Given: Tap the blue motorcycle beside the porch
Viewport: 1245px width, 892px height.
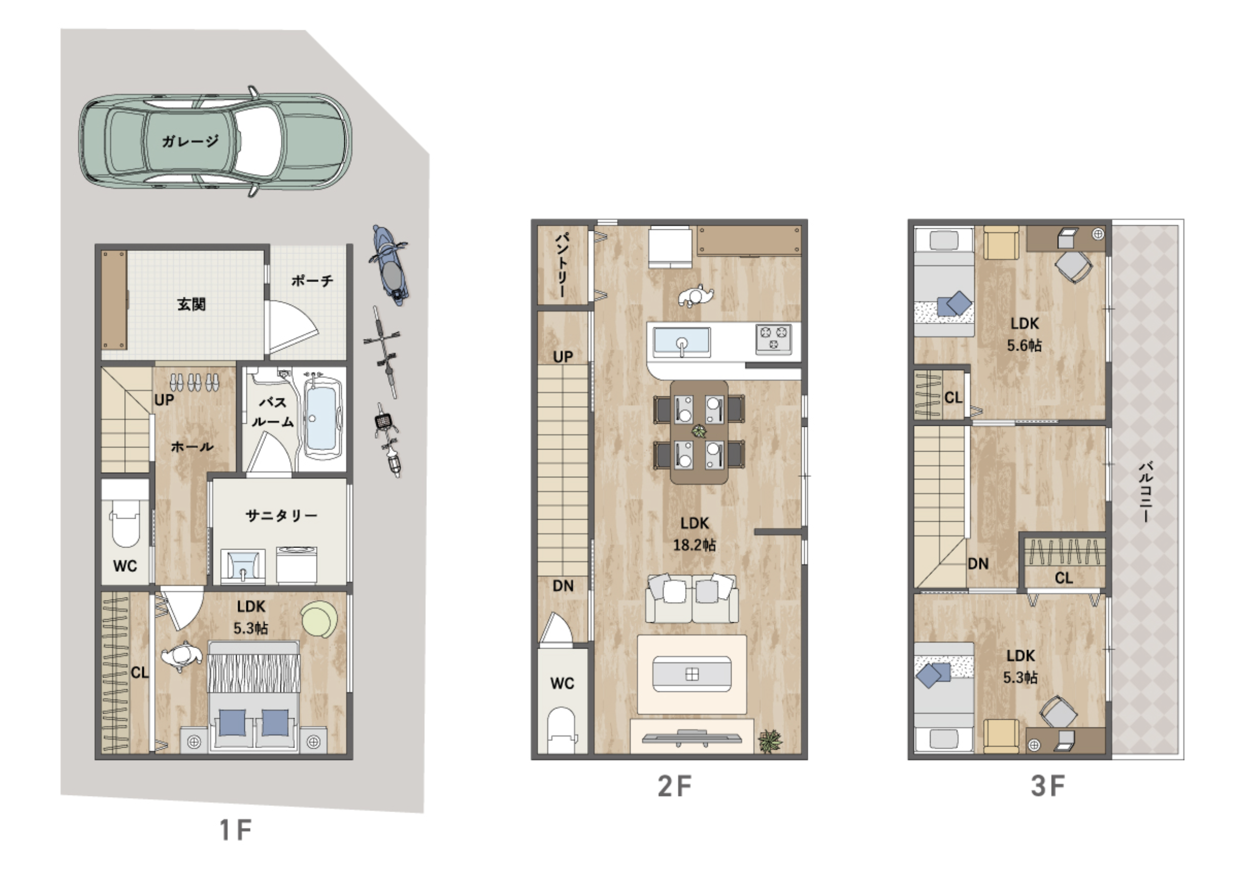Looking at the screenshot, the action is pyautogui.click(x=390, y=265).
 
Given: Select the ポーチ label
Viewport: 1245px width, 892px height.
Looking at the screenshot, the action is pyautogui.click(x=313, y=281).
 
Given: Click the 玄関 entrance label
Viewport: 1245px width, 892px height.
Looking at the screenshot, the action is pyautogui.click(x=191, y=304).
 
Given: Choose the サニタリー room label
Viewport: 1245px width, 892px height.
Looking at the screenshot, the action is pyautogui.click(x=281, y=515).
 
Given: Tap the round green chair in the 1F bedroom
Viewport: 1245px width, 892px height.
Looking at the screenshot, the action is pyautogui.click(x=321, y=619).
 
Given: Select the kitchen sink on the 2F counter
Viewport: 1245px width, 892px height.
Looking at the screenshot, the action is pyautogui.click(x=682, y=342).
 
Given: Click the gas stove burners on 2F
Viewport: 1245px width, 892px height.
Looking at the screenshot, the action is pyautogui.click(x=773, y=338).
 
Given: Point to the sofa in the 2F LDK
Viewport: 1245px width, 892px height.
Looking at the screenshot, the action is pyautogui.click(x=692, y=598).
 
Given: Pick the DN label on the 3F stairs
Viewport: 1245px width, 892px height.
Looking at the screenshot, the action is pyautogui.click(x=978, y=563).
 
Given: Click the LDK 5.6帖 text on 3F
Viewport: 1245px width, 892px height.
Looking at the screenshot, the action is pyautogui.click(x=1024, y=334).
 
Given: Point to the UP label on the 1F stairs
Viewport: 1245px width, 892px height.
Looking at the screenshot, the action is pyautogui.click(x=164, y=400).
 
